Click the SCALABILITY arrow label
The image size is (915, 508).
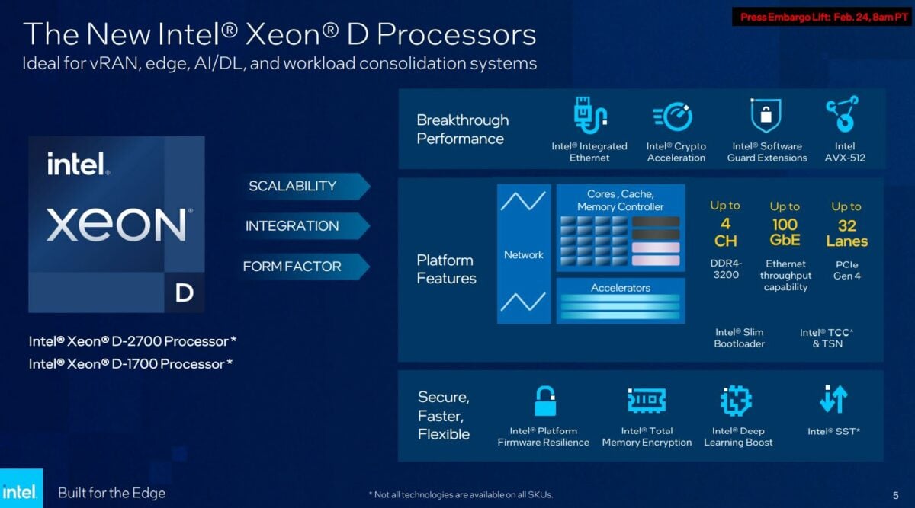pyautogui.click(x=293, y=186)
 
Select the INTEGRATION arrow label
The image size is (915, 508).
pyautogui.click(x=292, y=226)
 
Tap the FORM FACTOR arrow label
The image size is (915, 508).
pyautogui.click(x=292, y=267)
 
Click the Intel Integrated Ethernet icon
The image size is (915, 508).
pyautogui.click(x=589, y=116)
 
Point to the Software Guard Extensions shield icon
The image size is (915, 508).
pyautogui.click(x=766, y=116)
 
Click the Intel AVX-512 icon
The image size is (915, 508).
pyautogui.click(x=843, y=114)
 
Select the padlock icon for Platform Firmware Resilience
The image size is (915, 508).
pyautogui.click(x=544, y=401)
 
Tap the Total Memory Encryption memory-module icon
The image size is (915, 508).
pyautogui.click(x=647, y=401)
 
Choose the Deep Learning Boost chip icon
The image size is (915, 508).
pyautogui.click(x=737, y=401)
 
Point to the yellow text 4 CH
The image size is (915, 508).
pyautogui.click(x=725, y=232)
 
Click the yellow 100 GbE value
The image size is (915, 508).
pyautogui.click(x=785, y=232)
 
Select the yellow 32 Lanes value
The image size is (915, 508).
pyautogui.click(x=846, y=233)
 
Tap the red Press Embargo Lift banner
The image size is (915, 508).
pyautogui.click(x=820, y=17)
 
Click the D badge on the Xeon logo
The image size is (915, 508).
pyautogui.click(x=185, y=292)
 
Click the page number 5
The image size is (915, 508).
pyautogui.click(x=895, y=495)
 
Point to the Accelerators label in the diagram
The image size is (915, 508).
pyautogui.click(x=621, y=288)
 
